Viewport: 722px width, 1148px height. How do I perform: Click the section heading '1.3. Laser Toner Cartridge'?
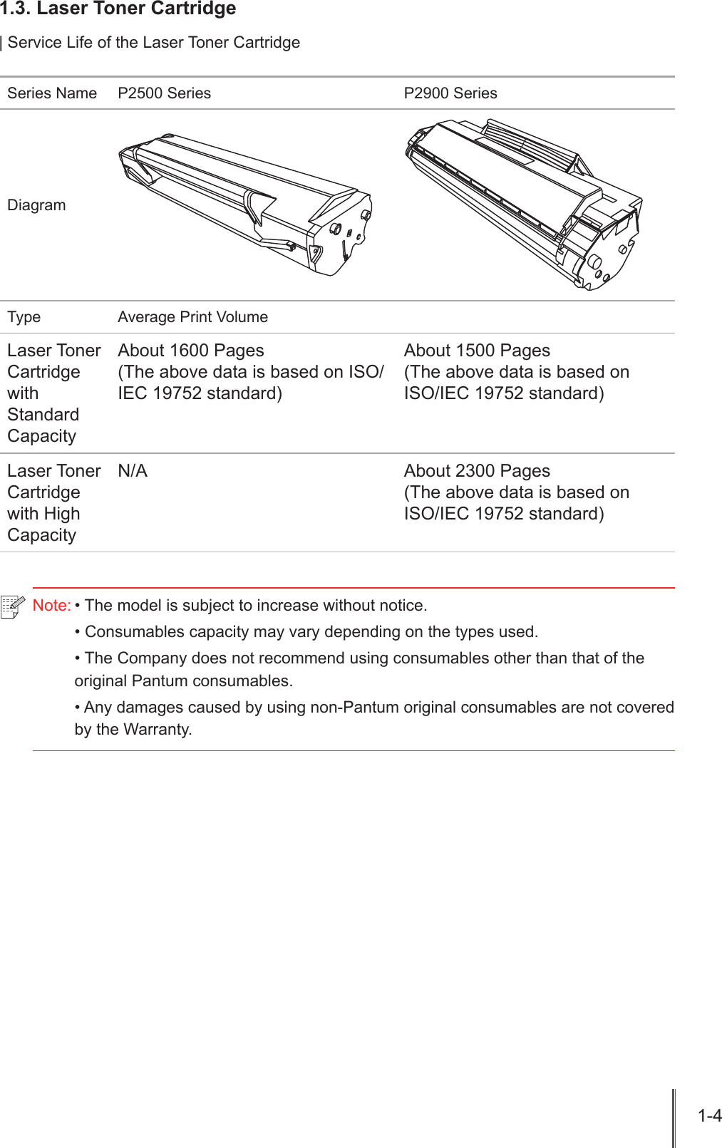[118, 9]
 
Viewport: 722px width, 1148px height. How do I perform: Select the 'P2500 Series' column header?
[164, 93]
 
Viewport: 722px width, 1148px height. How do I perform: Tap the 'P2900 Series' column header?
[450, 93]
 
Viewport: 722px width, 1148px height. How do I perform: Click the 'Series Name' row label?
[52, 93]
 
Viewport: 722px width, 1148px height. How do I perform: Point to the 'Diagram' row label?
[36, 205]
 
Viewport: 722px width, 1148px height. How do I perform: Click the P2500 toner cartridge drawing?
[246, 203]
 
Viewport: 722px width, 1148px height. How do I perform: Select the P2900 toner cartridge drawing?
[524, 203]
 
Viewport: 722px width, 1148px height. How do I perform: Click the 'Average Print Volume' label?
[192, 317]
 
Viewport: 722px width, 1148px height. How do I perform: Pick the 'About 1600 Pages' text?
[191, 351]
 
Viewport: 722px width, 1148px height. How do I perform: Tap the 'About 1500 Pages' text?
[477, 351]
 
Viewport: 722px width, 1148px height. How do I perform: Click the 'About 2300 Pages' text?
[477, 471]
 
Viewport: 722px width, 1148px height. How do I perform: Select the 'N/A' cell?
[133, 471]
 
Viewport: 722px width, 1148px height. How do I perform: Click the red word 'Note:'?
[51, 606]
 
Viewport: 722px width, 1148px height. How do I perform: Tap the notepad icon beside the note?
[13, 606]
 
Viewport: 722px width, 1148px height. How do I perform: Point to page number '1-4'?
[709, 1116]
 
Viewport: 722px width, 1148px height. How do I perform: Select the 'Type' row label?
[24, 317]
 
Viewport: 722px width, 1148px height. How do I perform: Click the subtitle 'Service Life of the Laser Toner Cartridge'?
[154, 43]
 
